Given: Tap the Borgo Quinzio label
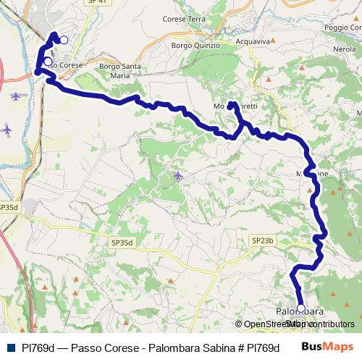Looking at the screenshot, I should pos(191,45).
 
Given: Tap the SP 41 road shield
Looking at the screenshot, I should pos(94,2).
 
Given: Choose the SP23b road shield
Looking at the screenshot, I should pos(262,240).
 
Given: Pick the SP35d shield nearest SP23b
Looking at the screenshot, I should pos(123,243).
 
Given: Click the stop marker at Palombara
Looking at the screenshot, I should pos(301,308).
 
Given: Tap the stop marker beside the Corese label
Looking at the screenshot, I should pos(48,62).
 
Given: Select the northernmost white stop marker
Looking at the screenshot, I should pos(64,40).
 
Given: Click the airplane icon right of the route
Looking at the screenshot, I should pos(178,175).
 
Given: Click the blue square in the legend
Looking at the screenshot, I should pos(10,347).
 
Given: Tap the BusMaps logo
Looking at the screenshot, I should pos(327,347).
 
